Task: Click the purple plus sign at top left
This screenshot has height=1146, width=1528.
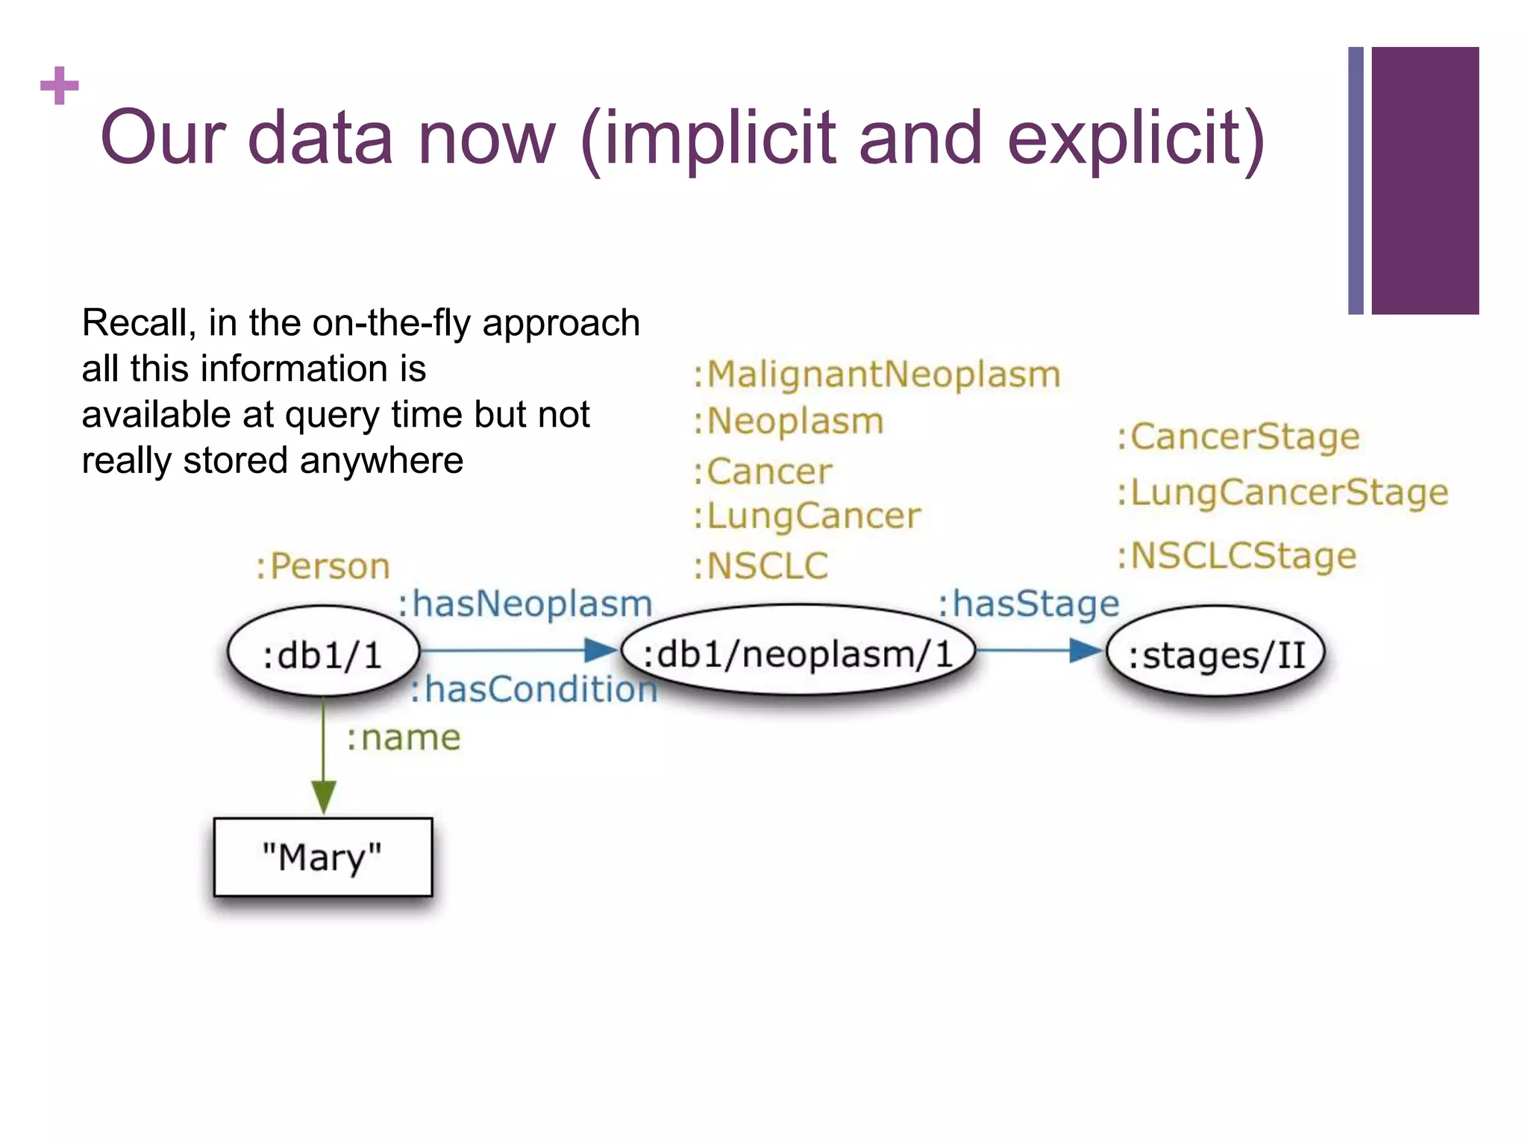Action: pyautogui.click(x=60, y=86)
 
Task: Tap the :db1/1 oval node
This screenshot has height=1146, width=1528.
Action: pyautogui.click(x=322, y=654)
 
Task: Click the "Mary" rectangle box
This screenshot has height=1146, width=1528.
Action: pyautogui.click(x=322, y=857)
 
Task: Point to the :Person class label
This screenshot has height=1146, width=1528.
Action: pyautogui.click(x=322, y=566)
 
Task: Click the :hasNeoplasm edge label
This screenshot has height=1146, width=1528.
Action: pyautogui.click(x=525, y=603)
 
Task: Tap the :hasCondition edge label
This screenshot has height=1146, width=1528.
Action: pyautogui.click(x=534, y=689)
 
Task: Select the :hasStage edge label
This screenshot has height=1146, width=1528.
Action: pyautogui.click(x=1028, y=603)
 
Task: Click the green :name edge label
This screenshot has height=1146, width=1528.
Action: pyautogui.click(x=403, y=737)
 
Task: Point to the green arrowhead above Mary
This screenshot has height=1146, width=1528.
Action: pyautogui.click(x=323, y=797)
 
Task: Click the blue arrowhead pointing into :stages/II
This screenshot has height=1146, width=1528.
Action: pyautogui.click(x=1086, y=651)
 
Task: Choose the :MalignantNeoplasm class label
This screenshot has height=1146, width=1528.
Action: pyautogui.click(x=877, y=374)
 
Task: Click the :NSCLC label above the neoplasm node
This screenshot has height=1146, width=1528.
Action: pyautogui.click(x=760, y=566)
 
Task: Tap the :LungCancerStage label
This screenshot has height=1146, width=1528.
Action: pyautogui.click(x=1282, y=492)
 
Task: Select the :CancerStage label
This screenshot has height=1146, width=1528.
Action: pyautogui.click(x=1238, y=436)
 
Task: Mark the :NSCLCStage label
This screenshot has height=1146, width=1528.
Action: pyautogui.click(x=1236, y=556)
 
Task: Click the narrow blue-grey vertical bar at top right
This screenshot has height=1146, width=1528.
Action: pyautogui.click(x=1356, y=181)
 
